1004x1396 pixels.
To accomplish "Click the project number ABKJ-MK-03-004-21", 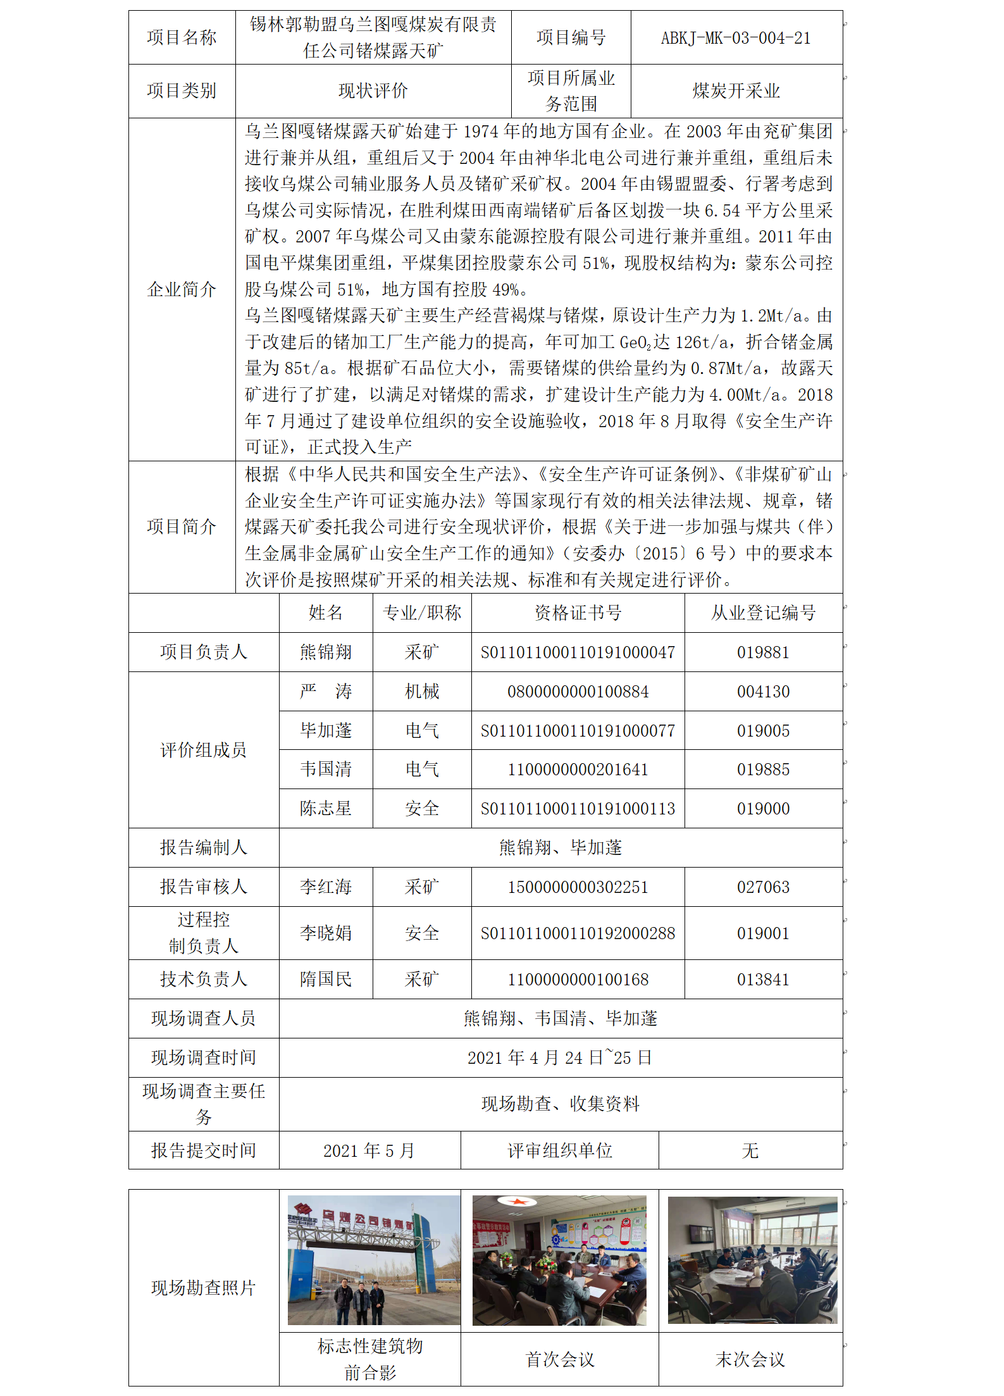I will point(736,38).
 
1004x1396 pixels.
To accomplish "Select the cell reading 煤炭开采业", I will point(736,91).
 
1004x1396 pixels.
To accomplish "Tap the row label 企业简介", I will point(182,290).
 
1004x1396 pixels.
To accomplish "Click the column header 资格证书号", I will point(578,613).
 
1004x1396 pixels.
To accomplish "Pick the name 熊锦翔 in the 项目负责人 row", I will point(326,652).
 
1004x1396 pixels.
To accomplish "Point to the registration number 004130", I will point(763,692).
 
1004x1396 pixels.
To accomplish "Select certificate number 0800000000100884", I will point(578,692).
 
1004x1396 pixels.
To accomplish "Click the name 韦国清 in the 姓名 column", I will point(326,770).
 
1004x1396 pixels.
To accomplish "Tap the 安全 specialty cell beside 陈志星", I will point(422,809).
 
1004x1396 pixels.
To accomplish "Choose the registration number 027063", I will point(763,887).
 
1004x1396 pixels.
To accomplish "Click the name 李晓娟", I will point(326,933).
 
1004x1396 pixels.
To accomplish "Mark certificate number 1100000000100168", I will point(578,980).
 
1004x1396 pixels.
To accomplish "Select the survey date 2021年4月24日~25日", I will point(560,1058).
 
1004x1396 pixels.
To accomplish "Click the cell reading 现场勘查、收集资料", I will point(560,1104).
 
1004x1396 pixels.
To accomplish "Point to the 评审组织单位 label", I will point(560,1150).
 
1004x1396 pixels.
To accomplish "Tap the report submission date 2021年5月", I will point(369,1150).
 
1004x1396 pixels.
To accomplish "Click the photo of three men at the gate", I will point(374,1261).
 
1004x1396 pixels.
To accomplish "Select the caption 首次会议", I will point(560,1359).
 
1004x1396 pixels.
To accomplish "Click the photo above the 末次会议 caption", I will point(752,1261).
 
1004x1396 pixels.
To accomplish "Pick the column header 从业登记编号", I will point(763,613).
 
